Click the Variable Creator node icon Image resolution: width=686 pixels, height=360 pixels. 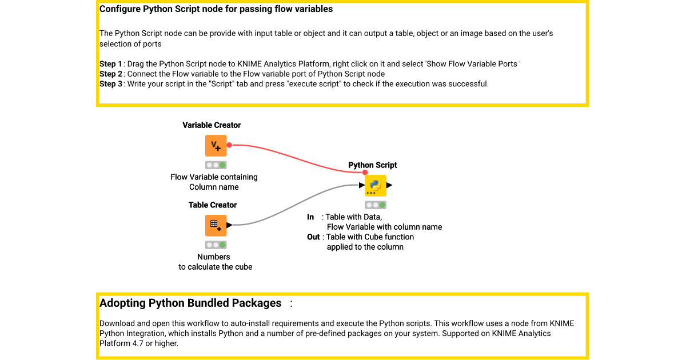(216, 146)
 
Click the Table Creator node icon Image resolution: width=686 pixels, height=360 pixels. (216, 225)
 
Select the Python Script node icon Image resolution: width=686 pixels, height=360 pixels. (376, 186)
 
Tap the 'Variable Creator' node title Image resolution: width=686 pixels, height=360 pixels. (212, 125)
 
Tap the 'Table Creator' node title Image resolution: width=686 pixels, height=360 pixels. (213, 205)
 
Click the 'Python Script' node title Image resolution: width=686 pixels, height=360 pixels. (373, 165)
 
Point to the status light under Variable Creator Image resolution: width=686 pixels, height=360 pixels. (216, 165)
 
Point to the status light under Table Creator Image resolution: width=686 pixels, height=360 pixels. (216, 245)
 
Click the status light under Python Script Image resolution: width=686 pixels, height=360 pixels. (376, 205)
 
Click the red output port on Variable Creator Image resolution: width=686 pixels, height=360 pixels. (229, 145)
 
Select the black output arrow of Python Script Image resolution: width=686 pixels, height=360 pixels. (389, 186)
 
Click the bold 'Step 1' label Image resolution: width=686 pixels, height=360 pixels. (111, 64)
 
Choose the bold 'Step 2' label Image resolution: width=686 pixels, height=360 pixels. (111, 74)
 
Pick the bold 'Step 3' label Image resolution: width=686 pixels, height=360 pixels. (111, 84)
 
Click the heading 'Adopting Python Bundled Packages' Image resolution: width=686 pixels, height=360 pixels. (190, 303)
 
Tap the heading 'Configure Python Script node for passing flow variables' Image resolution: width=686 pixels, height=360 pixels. (216, 9)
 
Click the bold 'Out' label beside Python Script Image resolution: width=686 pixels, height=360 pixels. (313, 237)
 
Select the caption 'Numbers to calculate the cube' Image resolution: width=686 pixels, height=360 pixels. (215, 262)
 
